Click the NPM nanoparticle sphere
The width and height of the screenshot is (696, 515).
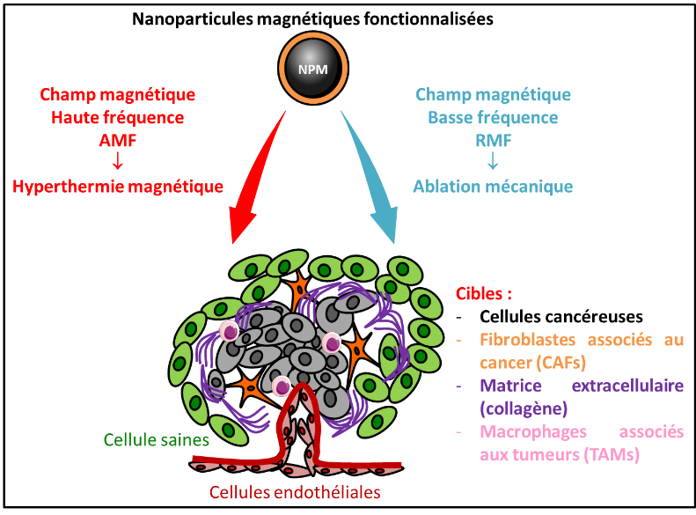click(312, 67)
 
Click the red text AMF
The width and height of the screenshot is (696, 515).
click(117, 140)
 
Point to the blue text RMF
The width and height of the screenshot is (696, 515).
click(493, 140)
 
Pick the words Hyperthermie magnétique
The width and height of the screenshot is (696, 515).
click(117, 187)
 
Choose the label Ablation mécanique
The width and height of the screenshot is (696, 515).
click(493, 187)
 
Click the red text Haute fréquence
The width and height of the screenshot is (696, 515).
click(117, 117)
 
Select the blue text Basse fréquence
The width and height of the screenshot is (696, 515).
click(493, 117)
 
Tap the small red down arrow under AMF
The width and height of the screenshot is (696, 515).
click(117, 163)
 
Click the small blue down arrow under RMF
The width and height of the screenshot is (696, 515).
click(493, 163)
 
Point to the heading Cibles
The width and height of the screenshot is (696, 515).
click(483, 294)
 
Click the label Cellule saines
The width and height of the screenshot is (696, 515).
click(156, 438)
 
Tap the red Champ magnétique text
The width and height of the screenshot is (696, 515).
click(117, 94)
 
